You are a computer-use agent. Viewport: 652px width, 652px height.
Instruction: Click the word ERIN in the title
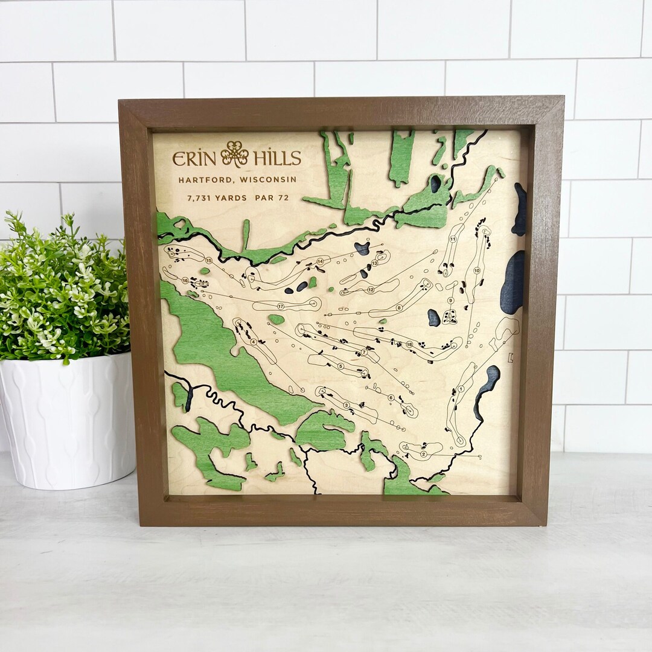tap(194, 158)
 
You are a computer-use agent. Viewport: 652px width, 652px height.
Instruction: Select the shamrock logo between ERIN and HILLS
tap(235, 154)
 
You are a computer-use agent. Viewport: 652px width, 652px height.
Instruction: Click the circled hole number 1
tap(461, 389)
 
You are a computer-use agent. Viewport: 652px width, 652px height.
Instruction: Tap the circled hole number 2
tap(423, 454)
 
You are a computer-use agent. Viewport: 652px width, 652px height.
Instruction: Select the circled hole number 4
tap(254, 342)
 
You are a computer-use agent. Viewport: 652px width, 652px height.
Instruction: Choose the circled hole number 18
tap(409, 344)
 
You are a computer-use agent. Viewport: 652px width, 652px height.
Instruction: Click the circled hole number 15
tap(208, 260)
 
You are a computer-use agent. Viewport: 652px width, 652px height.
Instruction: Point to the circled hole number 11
tap(453, 240)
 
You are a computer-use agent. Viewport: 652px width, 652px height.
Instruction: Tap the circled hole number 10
tap(476, 270)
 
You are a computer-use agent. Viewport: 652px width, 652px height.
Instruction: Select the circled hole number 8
tap(399, 308)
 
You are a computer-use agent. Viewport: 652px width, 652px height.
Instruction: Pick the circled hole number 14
tap(320, 261)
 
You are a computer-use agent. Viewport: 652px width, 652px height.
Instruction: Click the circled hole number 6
tap(391, 398)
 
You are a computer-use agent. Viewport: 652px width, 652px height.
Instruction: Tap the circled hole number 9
tap(450, 300)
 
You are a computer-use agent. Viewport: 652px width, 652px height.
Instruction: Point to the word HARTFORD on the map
tap(206, 179)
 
